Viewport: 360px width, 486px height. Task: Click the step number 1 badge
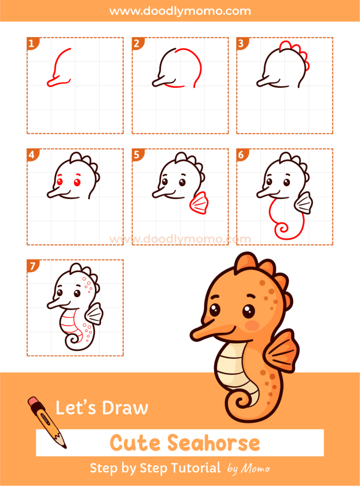click(x=32, y=44)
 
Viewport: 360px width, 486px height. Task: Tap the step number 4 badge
click(x=32, y=155)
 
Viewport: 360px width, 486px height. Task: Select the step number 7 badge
click(x=32, y=266)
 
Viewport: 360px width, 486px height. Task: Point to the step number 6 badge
click(x=241, y=155)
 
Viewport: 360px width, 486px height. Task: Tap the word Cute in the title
click(x=135, y=443)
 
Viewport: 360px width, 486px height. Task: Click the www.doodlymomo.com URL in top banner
click(x=180, y=10)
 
